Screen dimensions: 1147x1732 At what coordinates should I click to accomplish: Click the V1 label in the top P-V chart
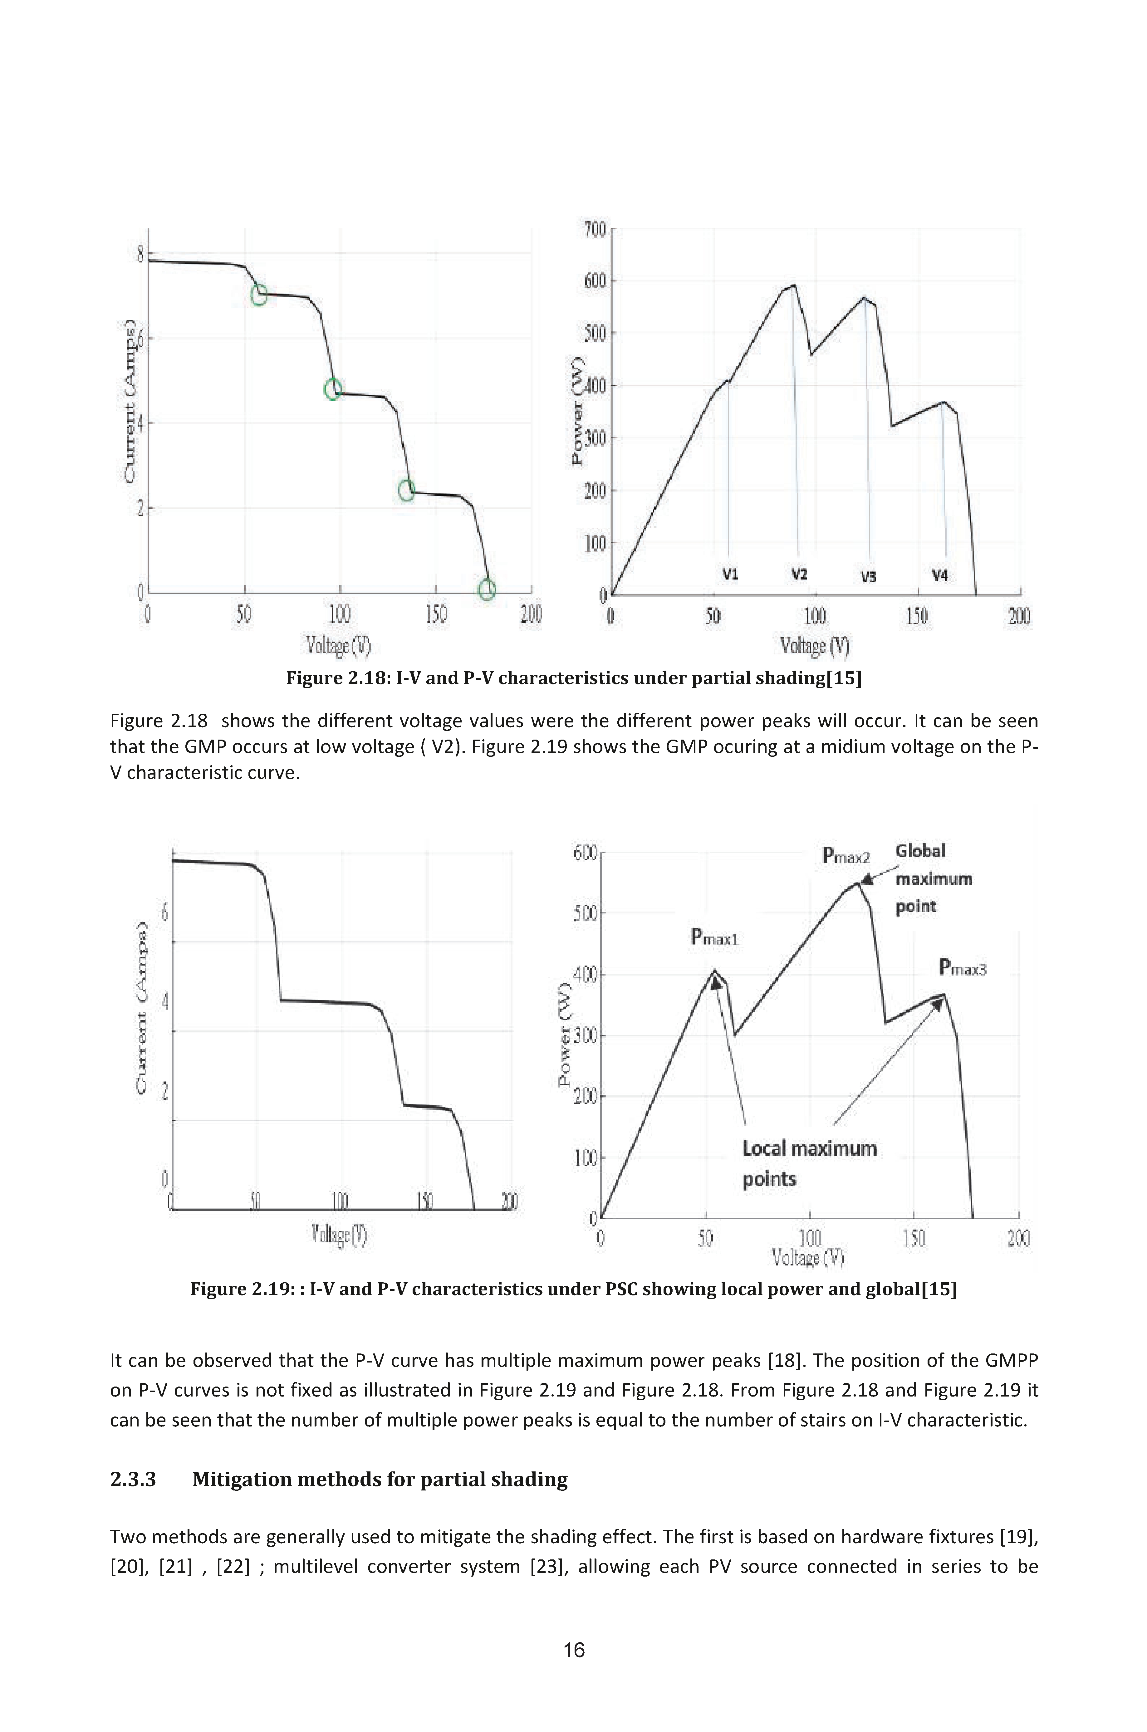click(730, 575)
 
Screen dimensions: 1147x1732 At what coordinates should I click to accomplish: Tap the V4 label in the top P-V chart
click(940, 576)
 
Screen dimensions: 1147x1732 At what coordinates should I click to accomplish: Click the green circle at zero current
click(487, 589)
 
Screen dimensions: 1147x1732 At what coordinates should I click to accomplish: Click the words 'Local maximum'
click(810, 1148)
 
